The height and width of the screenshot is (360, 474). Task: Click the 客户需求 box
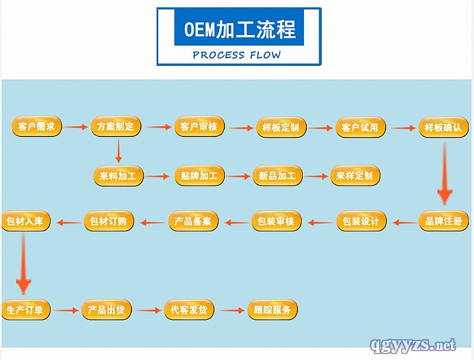[37, 127]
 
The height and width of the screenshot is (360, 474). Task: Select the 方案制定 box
[116, 127]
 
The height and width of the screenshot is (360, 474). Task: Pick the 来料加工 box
[118, 176]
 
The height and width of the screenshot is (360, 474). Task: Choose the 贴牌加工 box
[199, 176]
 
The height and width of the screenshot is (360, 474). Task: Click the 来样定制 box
[354, 176]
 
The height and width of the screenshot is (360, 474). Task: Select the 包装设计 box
[361, 222]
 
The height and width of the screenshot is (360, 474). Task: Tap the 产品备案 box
[194, 222]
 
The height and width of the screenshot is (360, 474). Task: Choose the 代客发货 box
[189, 310]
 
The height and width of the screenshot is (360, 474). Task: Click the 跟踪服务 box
[272, 310]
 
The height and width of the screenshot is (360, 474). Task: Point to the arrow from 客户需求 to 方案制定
[76, 127]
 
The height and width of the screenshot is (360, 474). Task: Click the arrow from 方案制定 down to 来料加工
[118, 151]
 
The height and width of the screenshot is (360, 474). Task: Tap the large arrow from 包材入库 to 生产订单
[24, 264]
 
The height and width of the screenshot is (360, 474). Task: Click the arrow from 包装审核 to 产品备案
[236, 223]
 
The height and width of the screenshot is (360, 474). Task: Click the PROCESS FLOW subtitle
[237, 55]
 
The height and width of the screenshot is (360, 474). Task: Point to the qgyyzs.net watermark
[412, 345]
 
